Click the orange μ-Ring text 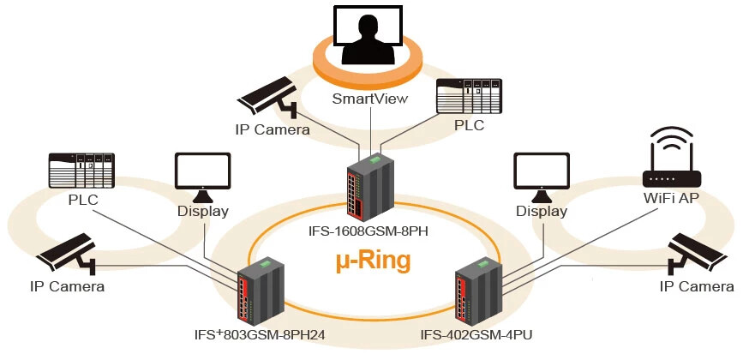372,260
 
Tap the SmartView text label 369,99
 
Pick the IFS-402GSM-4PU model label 476,335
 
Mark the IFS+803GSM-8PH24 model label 261,335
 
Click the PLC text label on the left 83,201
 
